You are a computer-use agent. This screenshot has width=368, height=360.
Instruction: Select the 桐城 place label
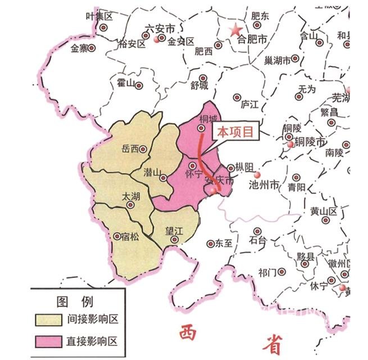click(208, 119)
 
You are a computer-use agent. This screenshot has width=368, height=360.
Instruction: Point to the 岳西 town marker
click(144, 149)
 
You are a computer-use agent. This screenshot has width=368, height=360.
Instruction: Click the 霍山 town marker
click(139, 86)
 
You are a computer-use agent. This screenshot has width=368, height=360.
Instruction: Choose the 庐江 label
click(248, 105)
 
